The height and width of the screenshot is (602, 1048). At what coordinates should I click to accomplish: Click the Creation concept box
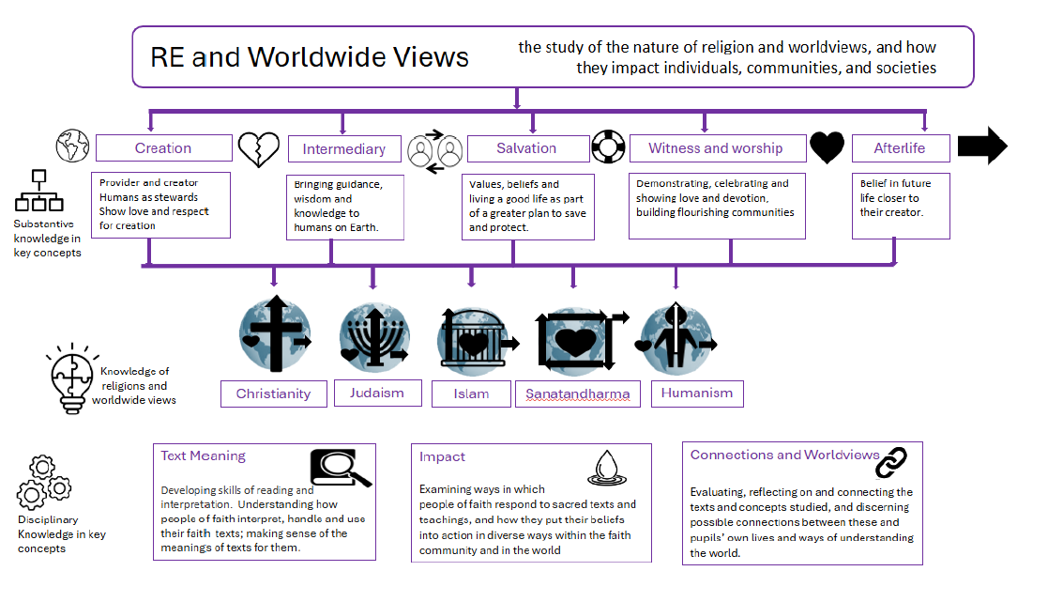click(163, 148)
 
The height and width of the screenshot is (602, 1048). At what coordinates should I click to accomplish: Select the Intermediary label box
click(343, 149)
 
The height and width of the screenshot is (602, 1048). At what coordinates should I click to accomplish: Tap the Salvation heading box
click(525, 148)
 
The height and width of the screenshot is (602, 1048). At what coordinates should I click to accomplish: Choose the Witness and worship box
click(715, 148)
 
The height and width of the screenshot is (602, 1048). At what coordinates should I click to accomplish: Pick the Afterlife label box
click(899, 148)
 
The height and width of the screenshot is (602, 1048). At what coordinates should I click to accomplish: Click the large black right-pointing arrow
click(982, 147)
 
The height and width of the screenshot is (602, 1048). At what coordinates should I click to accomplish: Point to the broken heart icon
click(258, 148)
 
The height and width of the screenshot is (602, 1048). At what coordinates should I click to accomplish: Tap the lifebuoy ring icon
click(608, 147)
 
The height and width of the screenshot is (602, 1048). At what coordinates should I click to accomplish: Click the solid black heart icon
click(828, 147)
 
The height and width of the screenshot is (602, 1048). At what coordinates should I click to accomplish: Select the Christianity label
click(273, 394)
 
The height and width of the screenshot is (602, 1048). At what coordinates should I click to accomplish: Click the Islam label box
click(471, 394)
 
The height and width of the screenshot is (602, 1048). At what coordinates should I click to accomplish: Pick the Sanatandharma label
click(577, 394)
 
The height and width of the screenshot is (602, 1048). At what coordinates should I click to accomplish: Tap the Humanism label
click(696, 393)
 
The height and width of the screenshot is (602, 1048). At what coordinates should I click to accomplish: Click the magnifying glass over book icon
click(339, 467)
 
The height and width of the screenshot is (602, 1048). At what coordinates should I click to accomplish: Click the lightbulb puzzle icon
click(71, 378)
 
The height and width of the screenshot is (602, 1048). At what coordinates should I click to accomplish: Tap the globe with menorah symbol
click(372, 337)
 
